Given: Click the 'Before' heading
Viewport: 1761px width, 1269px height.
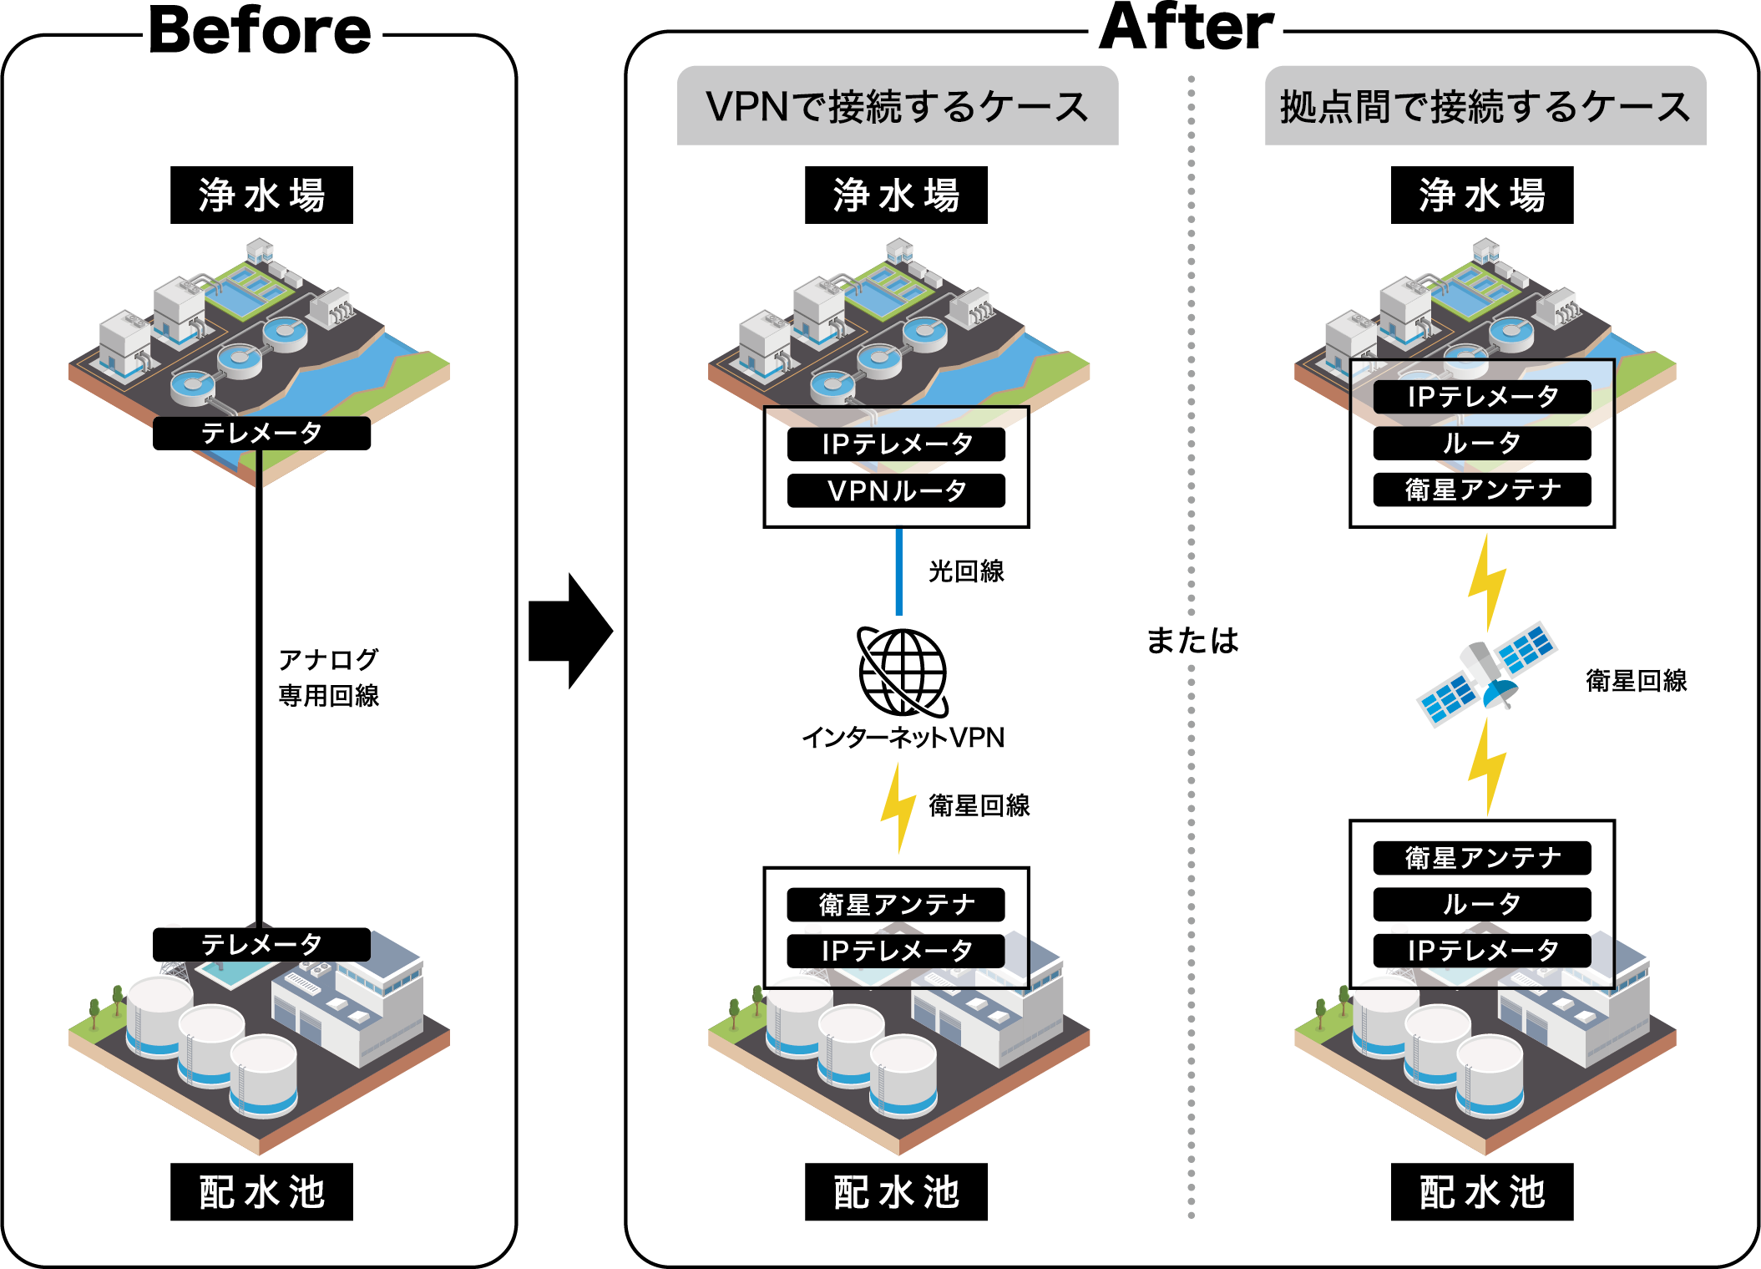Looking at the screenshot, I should (260, 32).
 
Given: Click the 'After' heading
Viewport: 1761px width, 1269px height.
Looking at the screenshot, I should (1186, 28).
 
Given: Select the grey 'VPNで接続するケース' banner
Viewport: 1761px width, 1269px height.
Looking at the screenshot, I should (897, 106).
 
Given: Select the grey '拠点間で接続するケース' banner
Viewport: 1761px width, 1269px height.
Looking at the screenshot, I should (1485, 106).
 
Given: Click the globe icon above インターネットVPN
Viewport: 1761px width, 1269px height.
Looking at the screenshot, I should (903, 672).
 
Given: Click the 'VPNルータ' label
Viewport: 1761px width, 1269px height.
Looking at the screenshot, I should (896, 491).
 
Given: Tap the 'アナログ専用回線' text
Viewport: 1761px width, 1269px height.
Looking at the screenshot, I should (328, 677).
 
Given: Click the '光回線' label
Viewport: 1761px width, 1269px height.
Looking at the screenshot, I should (966, 571).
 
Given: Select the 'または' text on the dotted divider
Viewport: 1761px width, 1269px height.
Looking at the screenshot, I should (1192, 641).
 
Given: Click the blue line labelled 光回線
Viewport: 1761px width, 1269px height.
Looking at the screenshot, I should (898, 572).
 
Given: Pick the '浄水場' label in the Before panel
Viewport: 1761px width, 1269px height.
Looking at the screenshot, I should (261, 195).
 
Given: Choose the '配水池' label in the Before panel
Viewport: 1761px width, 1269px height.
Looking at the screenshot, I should (261, 1192).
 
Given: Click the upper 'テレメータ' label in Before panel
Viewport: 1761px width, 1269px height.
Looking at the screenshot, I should (261, 433).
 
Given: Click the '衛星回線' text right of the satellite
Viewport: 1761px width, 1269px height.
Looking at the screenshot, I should (1636, 681).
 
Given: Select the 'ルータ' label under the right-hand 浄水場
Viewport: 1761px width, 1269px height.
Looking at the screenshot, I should (1481, 443).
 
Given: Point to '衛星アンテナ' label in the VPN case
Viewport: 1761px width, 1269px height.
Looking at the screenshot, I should (896, 904).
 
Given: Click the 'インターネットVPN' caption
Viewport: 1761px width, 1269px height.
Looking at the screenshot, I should (903, 738).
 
